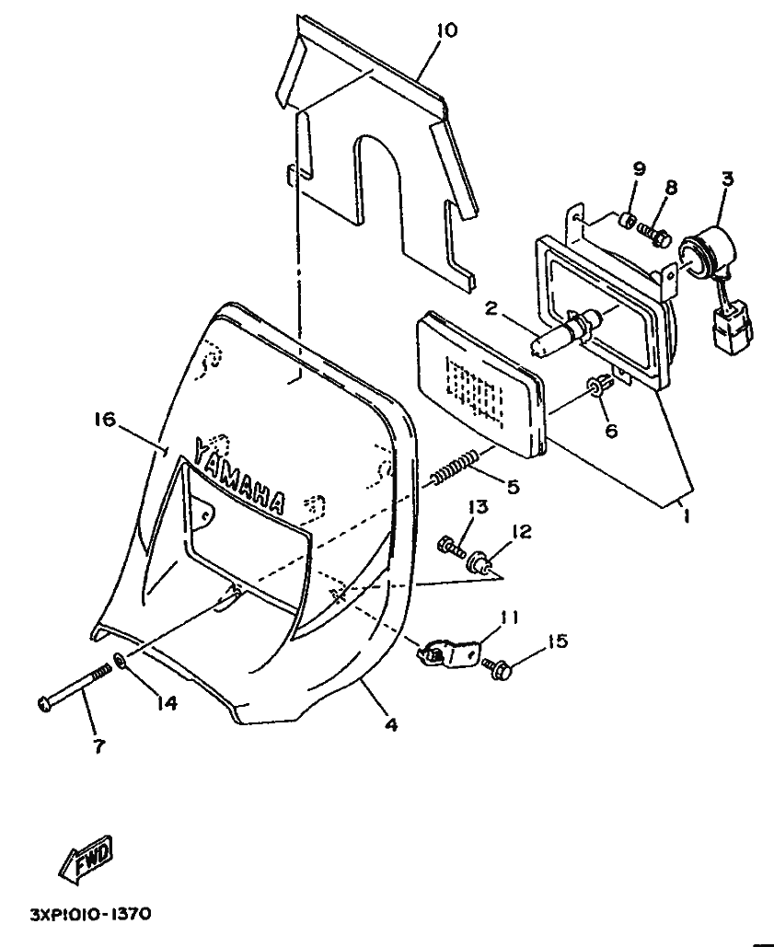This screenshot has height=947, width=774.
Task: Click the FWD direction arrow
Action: click(86, 858)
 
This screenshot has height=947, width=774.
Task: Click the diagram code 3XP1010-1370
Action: click(90, 915)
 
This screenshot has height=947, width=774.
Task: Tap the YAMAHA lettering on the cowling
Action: click(239, 475)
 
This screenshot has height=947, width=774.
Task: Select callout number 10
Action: click(447, 29)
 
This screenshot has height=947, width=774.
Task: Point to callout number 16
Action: click(104, 419)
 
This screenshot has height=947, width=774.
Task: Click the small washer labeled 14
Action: click(120, 661)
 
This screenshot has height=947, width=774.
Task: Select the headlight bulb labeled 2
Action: click(560, 330)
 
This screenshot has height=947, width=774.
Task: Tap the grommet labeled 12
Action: click(481, 561)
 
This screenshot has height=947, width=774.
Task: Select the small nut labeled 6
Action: click(595, 387)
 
